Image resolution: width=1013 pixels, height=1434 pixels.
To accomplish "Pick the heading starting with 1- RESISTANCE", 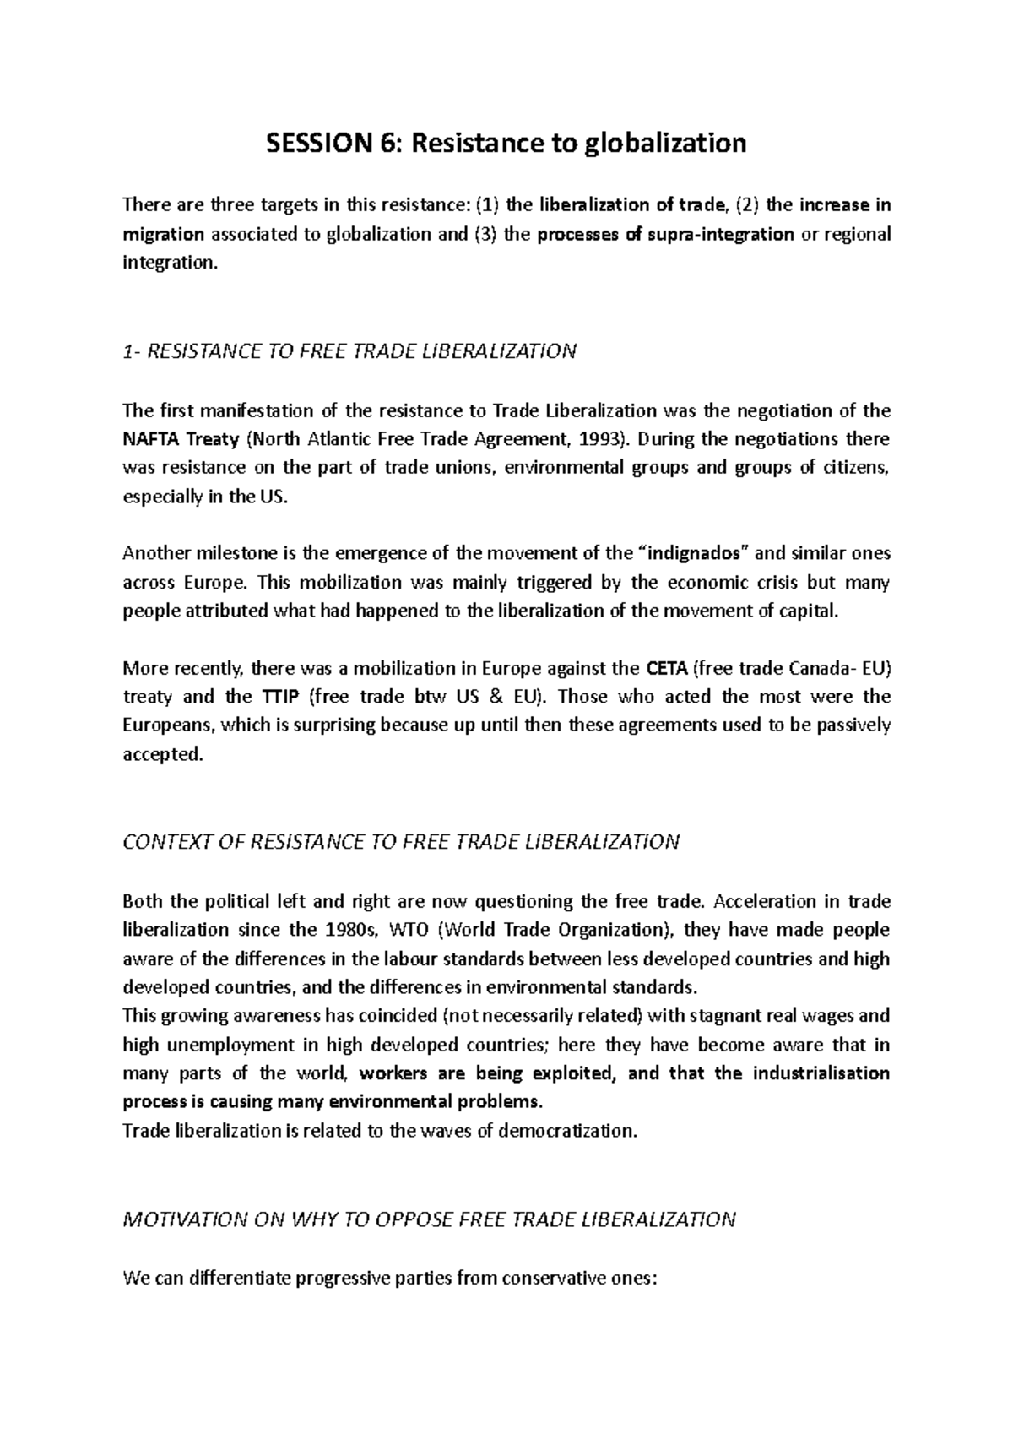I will tap(349, 351).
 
